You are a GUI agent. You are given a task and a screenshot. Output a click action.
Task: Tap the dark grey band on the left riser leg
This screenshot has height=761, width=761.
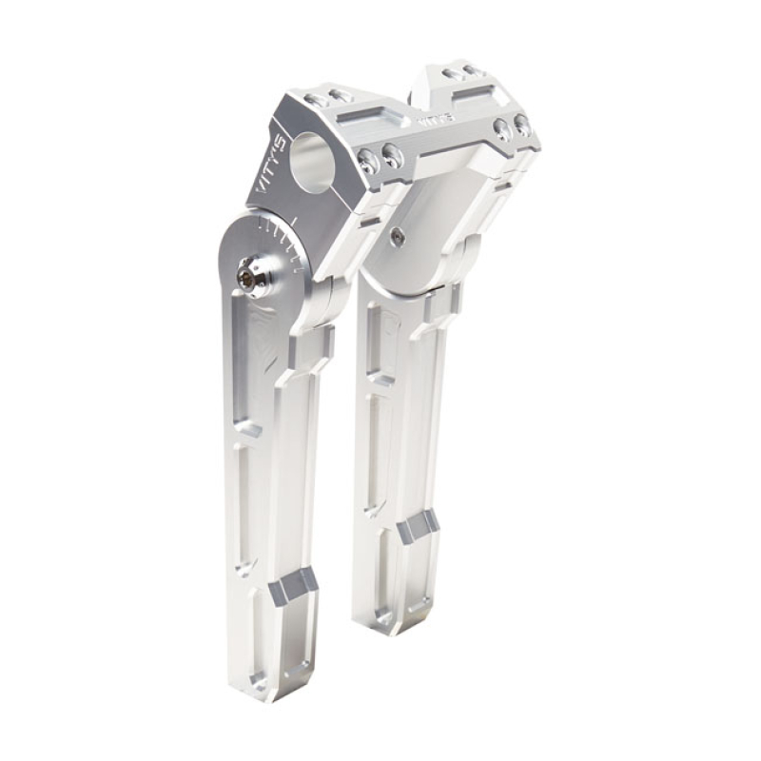pyautogui.click(x=291, y=589)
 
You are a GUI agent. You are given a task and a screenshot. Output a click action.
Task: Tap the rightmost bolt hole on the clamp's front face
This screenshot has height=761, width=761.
pyautogui.click(x=521, y=124)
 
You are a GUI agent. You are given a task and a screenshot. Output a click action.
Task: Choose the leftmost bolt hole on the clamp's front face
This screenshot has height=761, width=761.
pyautogui.click(x=370, y=163)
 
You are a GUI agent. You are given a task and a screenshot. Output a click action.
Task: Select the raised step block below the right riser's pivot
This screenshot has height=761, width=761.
pyautogui.click(x=441, y=304)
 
